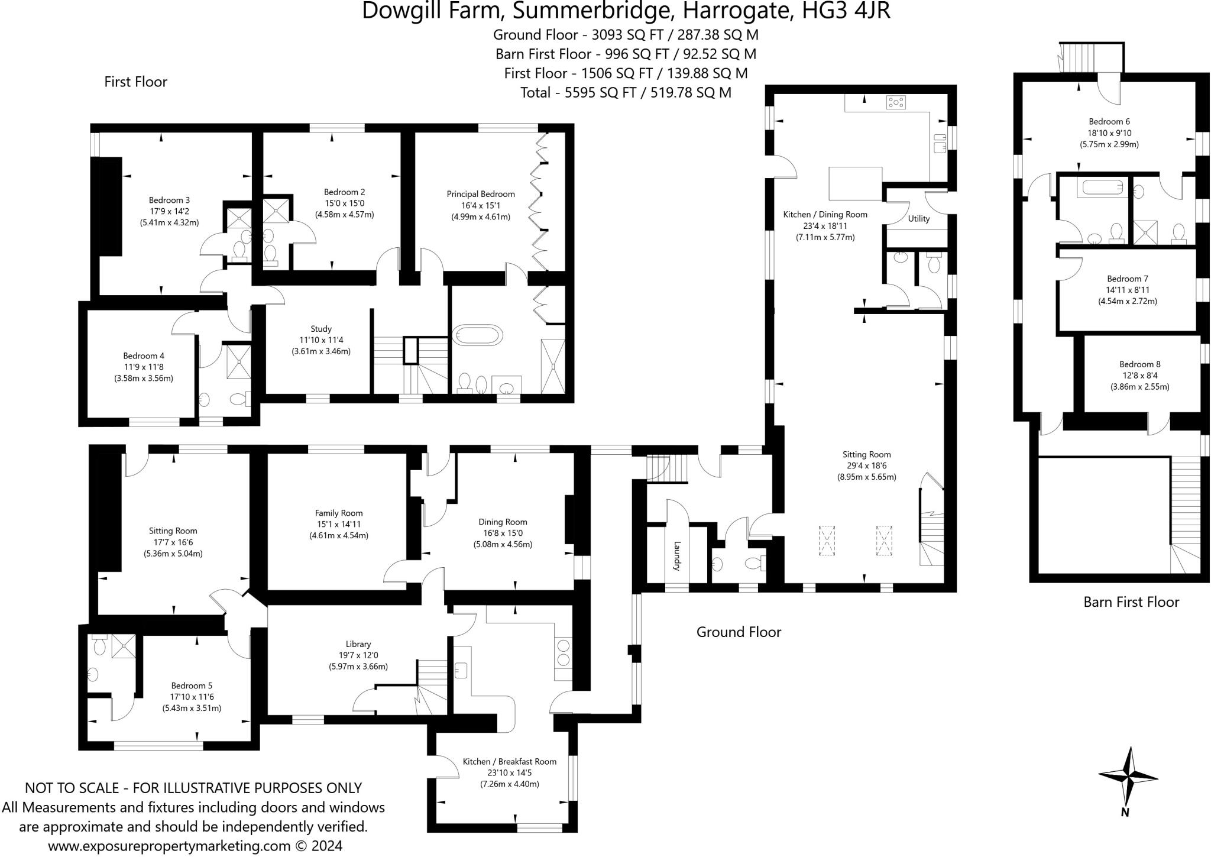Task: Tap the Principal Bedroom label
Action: pyautogui.click(x=480, y=194)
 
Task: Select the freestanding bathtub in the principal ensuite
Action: pyautogui.click(x=477, y=334)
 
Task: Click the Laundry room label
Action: pyautogui.click(x=678, y=555)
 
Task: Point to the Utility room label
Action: pyautogui.click(x=918, y=219)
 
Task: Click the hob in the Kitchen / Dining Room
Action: pyautogui.click(x=896, y=103)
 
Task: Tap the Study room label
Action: pyautogui.click(x=321, y=329)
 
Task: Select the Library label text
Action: pyautogui.click(x=358, y=644)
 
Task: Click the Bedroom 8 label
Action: pyautogui.click(x=1139, y=364)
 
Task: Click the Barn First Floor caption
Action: pyautogui.click(x=1131, y=602)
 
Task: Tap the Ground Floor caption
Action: pyautogui.click(x=739, y=632)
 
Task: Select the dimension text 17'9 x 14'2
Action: pyautogui.click(x=169, y=211)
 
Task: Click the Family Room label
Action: pyautogui.click(x=339, y=513)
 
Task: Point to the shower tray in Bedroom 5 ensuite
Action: pyautogui.click(x=123, y=646)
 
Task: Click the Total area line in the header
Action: pyautogui.click(x=626, y=93)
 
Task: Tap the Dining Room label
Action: pyautogui.click(x=503, y=522)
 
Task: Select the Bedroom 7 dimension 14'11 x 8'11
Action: pyautogui.click(x=1127, y=290)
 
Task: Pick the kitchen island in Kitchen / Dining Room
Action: pyautogui.click(x=856, y=183)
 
